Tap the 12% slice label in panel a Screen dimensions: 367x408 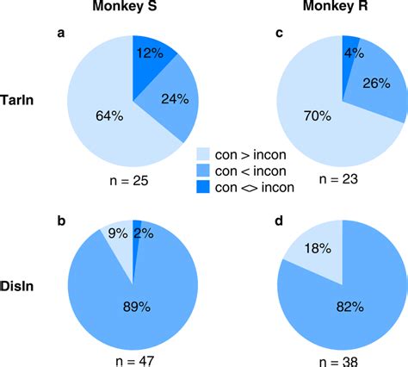click(x=150, y=53)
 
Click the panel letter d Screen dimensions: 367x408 click(x=277, y=220)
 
